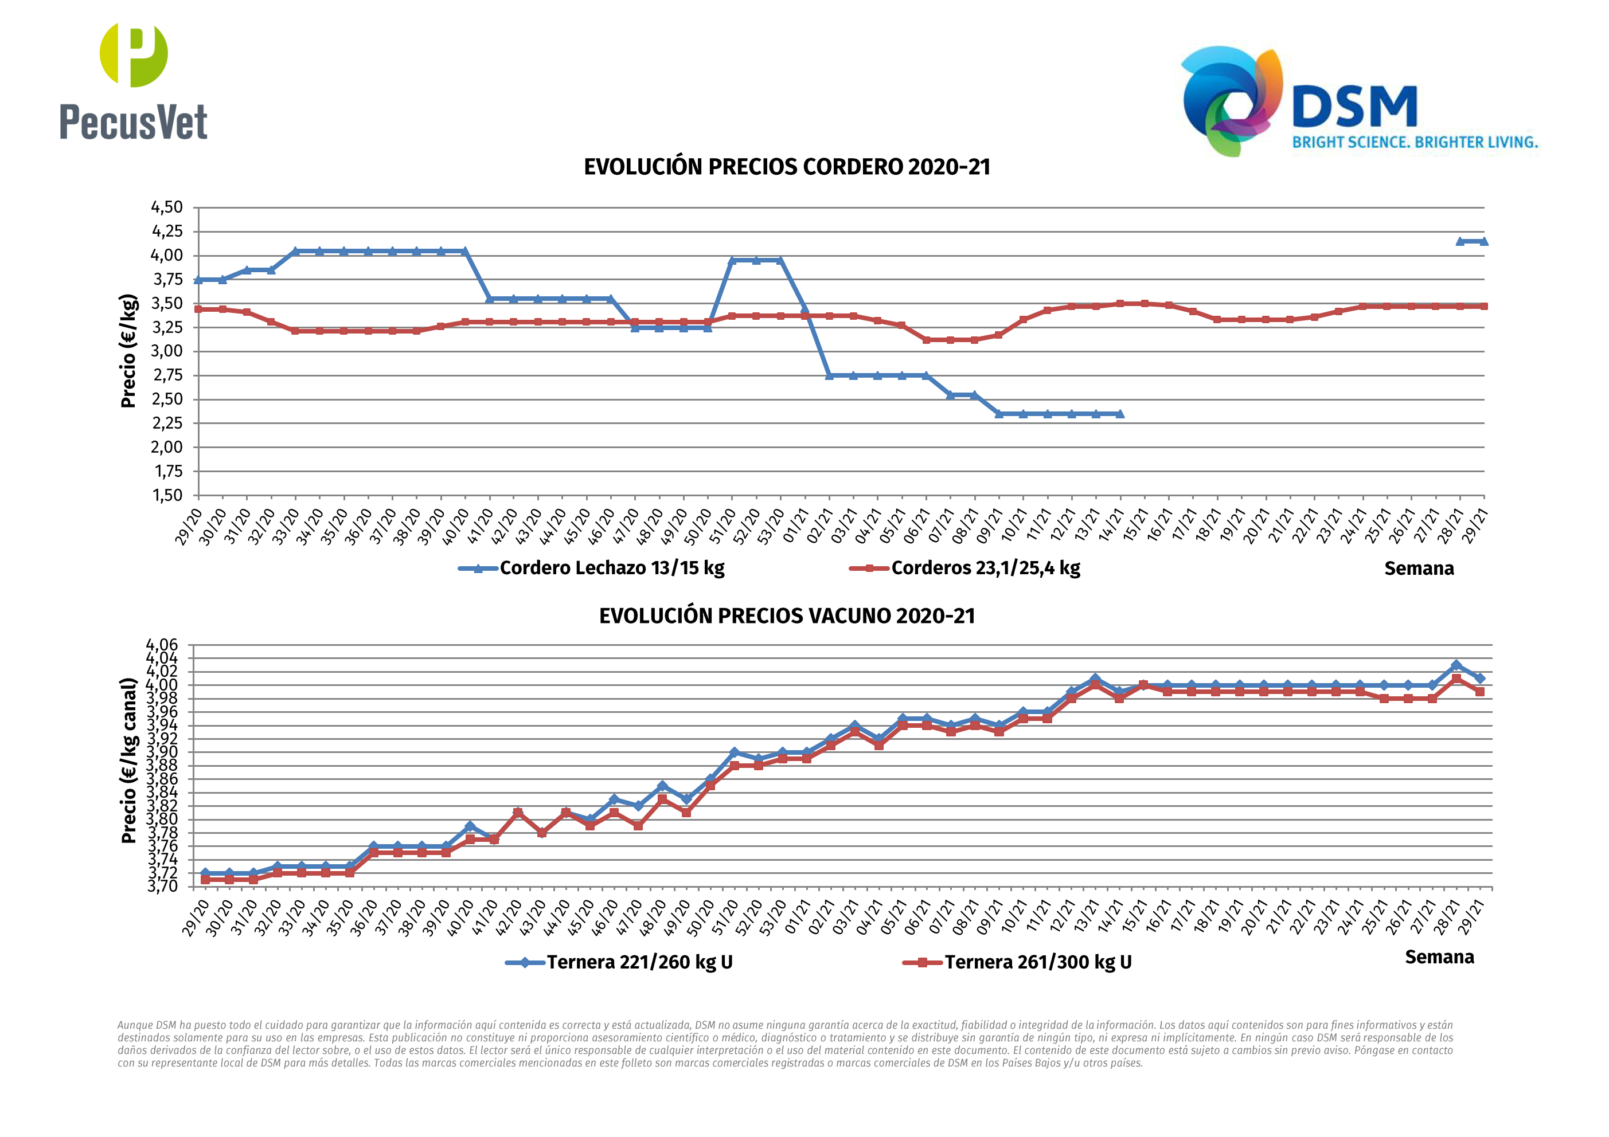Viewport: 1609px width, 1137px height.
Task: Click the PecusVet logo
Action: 133,82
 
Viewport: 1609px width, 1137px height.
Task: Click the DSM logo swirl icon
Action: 1232,100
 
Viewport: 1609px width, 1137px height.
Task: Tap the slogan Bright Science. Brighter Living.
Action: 1414,142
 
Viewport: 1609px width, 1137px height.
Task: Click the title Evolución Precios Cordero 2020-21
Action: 786,167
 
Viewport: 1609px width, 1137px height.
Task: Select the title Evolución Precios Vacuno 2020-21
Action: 786,616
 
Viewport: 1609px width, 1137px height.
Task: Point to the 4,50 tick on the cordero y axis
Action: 167,207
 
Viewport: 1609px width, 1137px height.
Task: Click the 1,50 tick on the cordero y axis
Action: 167,495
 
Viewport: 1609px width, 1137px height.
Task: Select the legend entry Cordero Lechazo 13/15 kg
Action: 611,567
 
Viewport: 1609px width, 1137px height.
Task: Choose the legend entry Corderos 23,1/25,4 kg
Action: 985,567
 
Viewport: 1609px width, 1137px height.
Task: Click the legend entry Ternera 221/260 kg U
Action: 639,962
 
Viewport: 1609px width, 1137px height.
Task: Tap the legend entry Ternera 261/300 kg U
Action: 1037,962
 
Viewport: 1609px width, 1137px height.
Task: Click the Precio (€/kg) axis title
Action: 128,351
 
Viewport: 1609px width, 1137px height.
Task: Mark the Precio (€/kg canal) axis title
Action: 128,761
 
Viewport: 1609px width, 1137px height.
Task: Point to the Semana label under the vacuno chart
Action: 1439,957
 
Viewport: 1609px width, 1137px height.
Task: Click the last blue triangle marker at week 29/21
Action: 1483,242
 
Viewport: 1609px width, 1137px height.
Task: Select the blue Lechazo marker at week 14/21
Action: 1120,414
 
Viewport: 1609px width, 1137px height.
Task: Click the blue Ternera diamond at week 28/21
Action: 1456,665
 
